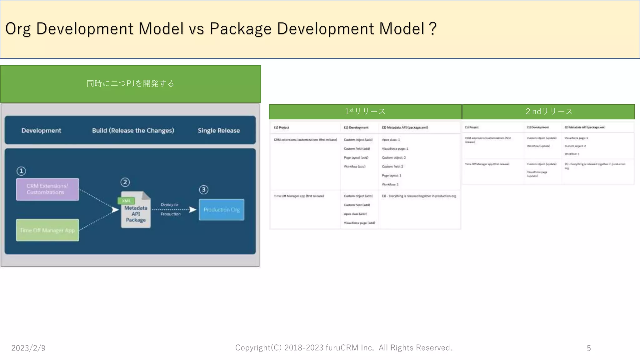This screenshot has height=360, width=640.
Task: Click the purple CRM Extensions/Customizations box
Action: click(47, 189)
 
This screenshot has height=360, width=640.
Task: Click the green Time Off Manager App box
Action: click(47, 230)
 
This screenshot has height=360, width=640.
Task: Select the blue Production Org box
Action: click(222, 210)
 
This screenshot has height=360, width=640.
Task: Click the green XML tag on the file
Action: click(126, 201)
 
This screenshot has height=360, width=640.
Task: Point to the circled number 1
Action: click(21, 171)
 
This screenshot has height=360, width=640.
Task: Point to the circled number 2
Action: click(125, 182)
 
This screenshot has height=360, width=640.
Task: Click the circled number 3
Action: click(204, 190)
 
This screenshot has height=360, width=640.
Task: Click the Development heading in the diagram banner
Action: click(41, 131)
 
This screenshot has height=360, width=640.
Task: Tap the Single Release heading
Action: click(219, 131)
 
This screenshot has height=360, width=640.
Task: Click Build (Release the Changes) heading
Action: click(133, 131)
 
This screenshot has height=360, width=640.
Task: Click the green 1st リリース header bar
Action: click(365, 112)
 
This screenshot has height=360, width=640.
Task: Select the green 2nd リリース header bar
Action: click(548, 112)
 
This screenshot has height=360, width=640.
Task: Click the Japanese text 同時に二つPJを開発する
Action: click(130, 83)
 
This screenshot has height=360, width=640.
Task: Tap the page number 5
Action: click(589, 348)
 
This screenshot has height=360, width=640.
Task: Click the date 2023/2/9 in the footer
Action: click(28, 348)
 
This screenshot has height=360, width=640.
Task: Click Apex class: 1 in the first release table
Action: click(391, 140)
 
